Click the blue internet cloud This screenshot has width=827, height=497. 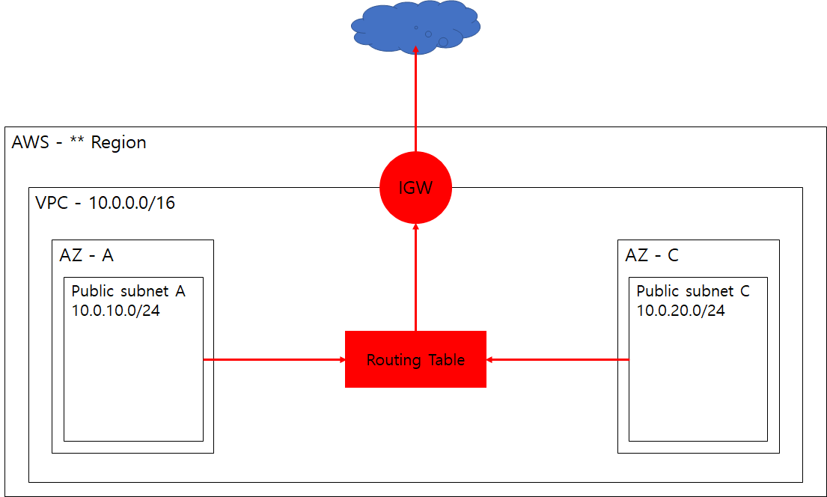click(415, 27)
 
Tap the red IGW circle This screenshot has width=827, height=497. click(415, 188)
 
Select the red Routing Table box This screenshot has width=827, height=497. click(415, 359)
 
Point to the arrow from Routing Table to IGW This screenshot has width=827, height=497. click(415, 277)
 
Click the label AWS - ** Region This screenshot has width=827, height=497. click(79, 142)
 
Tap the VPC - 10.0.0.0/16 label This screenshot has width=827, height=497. click(105, 203)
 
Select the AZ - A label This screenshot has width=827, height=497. click(86, 255)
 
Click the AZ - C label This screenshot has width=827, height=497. click(651, 255)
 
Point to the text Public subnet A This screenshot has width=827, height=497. click(128, 291)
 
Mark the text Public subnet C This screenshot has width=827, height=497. click(692, 291)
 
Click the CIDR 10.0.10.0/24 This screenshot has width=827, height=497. click(115, 310)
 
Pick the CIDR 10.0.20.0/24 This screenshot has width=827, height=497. click(680, 310)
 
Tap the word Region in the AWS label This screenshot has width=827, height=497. click(118, 142)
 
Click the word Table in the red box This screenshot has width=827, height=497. click(446, 360)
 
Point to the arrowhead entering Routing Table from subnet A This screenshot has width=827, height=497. click(340, 359)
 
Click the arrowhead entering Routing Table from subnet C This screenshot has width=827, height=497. click(492, 359)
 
